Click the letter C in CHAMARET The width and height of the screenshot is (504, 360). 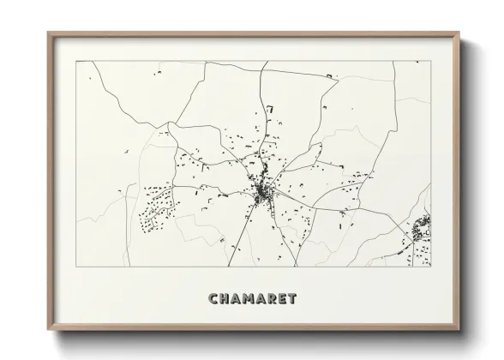click(x=213, y=299)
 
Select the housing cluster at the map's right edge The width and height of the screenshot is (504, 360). click(x=422, y=230)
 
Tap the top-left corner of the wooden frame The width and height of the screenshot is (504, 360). click(x=49, y=33)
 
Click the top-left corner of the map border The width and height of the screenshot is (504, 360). click(x=76, y=61)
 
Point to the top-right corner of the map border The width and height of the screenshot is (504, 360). click(x=430, y=61)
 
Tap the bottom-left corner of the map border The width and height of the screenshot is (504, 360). click(x=76, y=268)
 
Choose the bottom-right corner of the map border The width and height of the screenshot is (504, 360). click(x=430, y=268)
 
